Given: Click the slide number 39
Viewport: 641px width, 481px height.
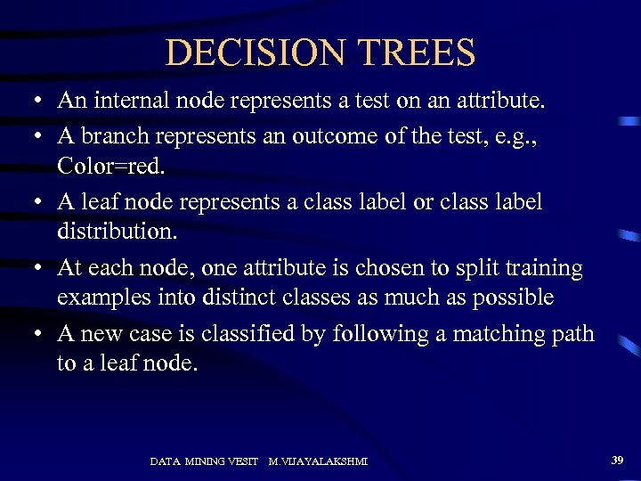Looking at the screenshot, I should coord(618,460).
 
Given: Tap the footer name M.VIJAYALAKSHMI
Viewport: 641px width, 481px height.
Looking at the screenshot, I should coord(319,461).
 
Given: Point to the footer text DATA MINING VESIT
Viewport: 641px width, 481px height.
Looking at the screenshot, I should coord(204,461).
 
